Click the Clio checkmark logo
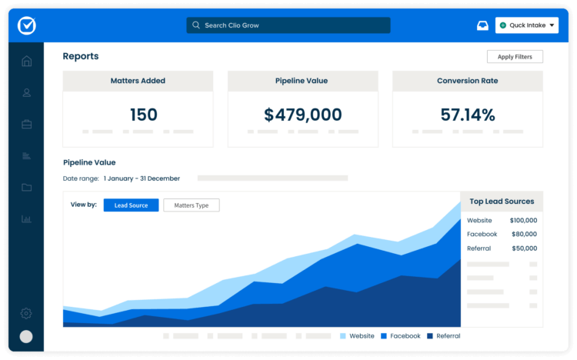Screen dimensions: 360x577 pos(27,25)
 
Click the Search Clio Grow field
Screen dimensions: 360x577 pos(288,25)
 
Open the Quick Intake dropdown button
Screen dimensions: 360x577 pos(527,25)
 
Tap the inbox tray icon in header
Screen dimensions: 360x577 pos(482,25)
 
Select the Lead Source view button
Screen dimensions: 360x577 pos(131,205)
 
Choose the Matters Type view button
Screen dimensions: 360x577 pos(192,205)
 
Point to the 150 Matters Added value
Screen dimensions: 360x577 pos(143,115)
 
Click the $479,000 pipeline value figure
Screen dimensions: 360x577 pos(302,115)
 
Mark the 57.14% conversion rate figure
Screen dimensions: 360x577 pos(468,115)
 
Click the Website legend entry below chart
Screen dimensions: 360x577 pos(357,336)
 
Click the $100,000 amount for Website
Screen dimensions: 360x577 pos(523,220)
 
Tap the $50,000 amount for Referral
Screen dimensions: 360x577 pos(525,248)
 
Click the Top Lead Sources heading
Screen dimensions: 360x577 pos(502,202)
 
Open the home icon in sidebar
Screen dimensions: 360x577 pos(27,62)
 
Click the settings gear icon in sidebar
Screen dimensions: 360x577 pos(26,313)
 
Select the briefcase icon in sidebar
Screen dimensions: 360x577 pos(27,124)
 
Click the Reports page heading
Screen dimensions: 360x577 pos(81,56)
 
